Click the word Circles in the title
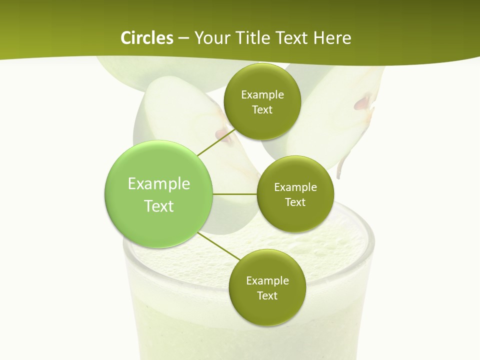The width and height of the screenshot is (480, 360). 146,38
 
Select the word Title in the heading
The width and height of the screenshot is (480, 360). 251,38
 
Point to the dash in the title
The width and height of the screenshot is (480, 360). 183,38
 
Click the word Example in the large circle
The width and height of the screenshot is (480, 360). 159,184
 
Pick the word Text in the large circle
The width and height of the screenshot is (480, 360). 159,206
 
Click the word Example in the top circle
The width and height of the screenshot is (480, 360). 262,95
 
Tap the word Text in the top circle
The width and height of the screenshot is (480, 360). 262,110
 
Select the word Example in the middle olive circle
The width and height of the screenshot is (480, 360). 295,187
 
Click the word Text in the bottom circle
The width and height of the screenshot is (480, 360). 267,295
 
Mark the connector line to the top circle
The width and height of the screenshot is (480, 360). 216,142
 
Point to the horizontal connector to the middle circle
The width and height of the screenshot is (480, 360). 235,194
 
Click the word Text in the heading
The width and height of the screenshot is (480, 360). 290,38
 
